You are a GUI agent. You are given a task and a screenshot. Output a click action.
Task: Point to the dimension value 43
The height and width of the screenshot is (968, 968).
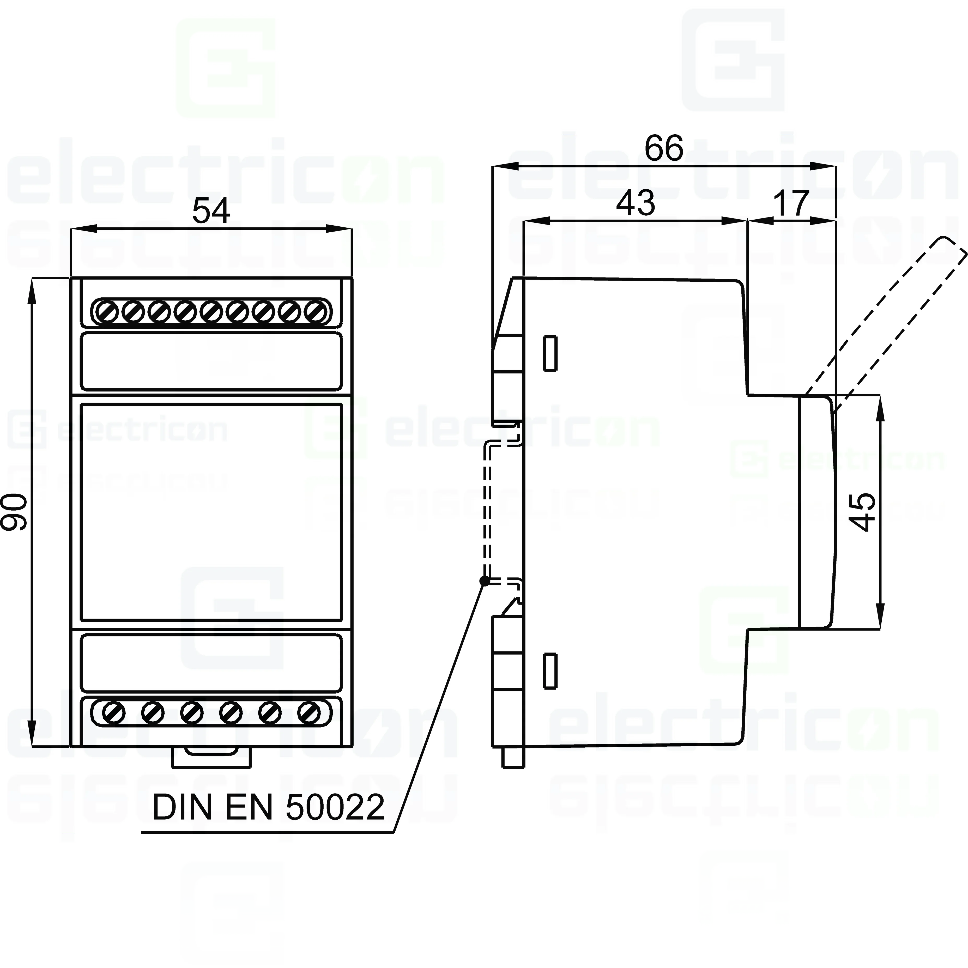[x=635, y=203]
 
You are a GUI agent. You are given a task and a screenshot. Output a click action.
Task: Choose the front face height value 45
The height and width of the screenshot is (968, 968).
[x=862, y=512]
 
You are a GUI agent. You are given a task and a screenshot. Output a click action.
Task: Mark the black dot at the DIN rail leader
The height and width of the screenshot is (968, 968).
[x=484, y=581]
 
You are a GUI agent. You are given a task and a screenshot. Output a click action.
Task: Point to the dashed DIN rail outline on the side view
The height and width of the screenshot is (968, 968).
[x=487, y=511]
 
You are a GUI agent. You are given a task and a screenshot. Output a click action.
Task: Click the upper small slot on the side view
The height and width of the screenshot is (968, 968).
[x=550, y=353]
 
